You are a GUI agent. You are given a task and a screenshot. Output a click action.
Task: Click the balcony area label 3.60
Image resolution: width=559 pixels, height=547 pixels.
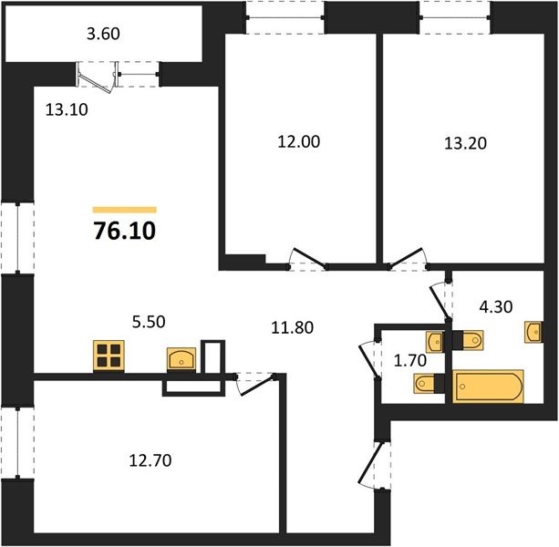[x=103, y=34]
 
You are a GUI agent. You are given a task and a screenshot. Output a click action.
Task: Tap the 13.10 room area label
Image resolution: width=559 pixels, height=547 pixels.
[x=67, y=109]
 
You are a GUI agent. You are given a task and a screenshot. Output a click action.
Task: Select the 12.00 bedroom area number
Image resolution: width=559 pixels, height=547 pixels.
[x=299, y=142]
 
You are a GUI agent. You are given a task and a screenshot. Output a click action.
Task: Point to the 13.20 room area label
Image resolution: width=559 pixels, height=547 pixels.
[x=465, y=143]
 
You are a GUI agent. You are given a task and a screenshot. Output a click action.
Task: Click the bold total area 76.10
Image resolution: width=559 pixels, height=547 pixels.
[x=124, y=231]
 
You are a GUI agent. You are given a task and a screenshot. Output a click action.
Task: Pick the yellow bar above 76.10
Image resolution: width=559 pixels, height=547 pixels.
[x=124, y=210]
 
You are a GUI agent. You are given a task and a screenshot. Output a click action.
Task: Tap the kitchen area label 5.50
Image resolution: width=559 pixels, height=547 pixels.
[x=149, y=322]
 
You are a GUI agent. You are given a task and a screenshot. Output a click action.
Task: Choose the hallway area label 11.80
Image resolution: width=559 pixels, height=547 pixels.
[x=293, y=327]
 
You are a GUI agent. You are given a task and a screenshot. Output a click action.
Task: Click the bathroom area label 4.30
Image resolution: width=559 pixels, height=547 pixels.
[x=496, y=306]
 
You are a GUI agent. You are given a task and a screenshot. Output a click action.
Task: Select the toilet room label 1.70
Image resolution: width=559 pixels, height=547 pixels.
[x=410, y=361]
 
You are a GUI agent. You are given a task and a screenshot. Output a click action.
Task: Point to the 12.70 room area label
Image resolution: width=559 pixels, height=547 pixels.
[x=150, y=460]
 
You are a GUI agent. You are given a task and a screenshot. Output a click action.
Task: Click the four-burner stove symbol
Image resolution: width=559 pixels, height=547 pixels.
[x=109, y=356]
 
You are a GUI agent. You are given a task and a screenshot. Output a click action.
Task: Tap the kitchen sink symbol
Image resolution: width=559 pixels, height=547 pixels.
[x=181, y=358]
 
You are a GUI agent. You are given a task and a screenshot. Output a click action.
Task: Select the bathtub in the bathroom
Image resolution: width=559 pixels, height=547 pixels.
[x=488, y=387]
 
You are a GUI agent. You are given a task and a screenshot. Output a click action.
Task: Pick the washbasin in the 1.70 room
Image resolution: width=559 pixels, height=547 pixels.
[x=435, y=342]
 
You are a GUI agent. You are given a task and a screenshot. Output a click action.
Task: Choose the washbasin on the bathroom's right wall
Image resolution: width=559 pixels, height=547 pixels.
[x=533, y=332]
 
